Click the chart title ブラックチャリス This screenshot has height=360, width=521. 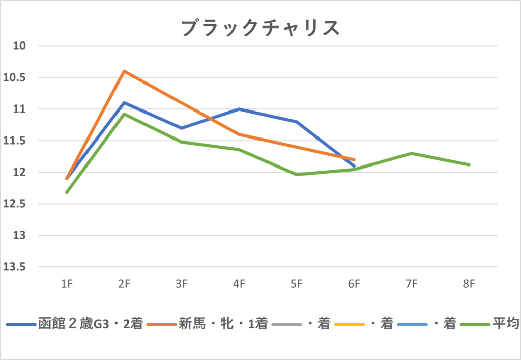[x=260, y=28]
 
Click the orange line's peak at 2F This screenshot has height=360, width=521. [x=124, y=71]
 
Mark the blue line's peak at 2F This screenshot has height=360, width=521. [x=124, y=103]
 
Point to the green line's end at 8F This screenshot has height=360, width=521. [x=469, y=164]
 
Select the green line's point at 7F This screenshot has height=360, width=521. [x=412, y=153]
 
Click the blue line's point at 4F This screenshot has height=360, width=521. [x=239, y=109]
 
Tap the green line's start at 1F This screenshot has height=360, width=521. [x=67, y=192]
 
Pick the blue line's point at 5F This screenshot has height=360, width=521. [x=297, y=122]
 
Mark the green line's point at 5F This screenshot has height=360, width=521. [x=297, y=175]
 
